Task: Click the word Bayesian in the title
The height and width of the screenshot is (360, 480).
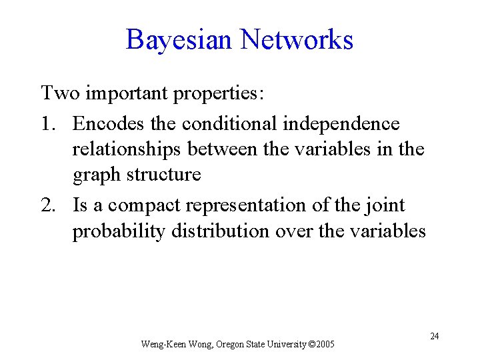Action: click(179, 39)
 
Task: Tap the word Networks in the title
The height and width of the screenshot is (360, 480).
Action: click(297, 39)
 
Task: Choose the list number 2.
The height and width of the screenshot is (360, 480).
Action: click(47, 205)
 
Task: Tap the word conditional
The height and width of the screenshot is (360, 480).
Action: click(227, 123)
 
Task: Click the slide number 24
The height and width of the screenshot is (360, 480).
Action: click(434, 336)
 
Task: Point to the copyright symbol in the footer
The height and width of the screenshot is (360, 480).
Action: click(313, 345)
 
